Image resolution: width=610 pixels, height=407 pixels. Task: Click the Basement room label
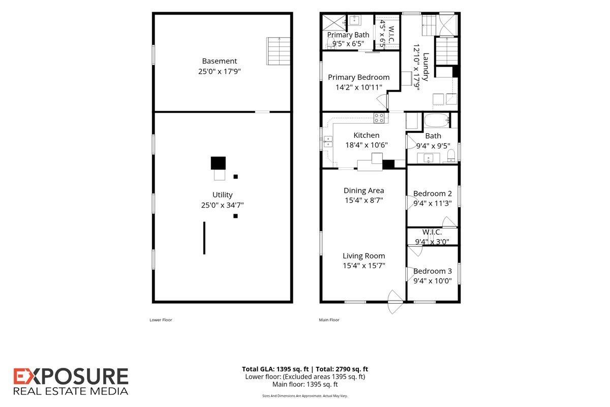219,61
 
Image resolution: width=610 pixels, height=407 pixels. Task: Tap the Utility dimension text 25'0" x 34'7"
222,205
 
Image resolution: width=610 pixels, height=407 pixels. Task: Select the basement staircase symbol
278,51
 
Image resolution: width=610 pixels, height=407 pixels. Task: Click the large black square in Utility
218,163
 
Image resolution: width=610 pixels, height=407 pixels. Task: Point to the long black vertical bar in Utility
204,238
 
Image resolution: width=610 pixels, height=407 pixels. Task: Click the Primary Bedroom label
359,77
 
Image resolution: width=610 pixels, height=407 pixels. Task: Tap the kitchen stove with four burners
379,118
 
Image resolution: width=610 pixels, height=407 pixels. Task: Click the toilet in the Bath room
451,155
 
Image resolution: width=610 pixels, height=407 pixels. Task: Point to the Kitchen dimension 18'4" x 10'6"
367,145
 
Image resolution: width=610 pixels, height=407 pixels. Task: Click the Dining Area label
363,191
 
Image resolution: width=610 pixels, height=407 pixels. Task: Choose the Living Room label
363,256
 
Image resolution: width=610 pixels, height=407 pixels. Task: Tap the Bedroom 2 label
433,193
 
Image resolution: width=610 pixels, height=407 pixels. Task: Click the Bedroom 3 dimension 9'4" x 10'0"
433,281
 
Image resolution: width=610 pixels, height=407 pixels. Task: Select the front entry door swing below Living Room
395,302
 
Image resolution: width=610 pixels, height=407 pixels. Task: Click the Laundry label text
425,67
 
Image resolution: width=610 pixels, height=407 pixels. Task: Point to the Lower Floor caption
161,320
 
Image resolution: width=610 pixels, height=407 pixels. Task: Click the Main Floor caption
329,320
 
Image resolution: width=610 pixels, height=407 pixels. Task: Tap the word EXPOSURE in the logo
71,376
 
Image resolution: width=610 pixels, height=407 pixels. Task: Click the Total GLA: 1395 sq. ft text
276,369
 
